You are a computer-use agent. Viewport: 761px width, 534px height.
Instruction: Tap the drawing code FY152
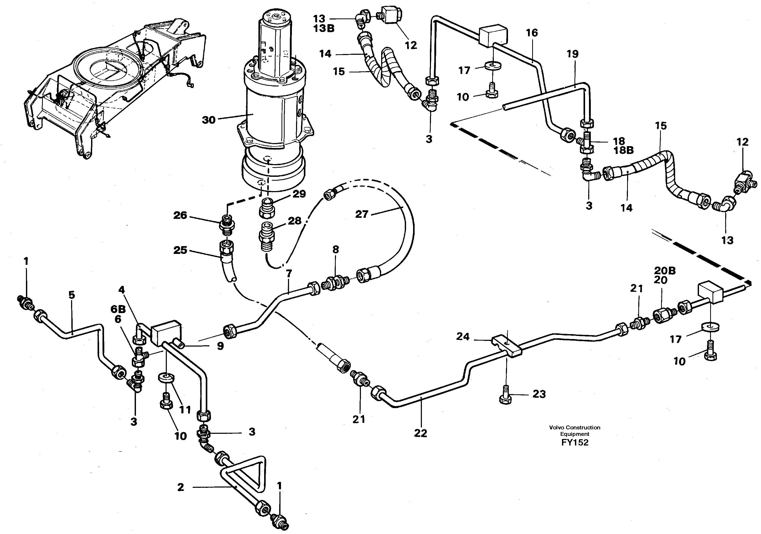pyautogui.click(x=575, y=442)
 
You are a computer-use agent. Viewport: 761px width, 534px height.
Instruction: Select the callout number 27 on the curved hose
pyautogui.click(x=362, y=214)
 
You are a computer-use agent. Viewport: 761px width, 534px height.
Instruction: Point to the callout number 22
pyautogui.click(x=421, y=433)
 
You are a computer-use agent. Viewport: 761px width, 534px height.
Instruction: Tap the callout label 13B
pyautogui.click(x=324, y=29)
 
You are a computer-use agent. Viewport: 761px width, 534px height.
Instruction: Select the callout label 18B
pyautogui.click(x=623, y=150)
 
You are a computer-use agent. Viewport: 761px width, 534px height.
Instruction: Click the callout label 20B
pyautogui.click(x=665, y=271)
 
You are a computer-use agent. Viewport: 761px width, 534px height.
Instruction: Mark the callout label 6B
pyautogui.click(x=118, y=309)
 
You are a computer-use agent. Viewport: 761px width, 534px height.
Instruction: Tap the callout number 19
pyautogui.click(x=572, y=54)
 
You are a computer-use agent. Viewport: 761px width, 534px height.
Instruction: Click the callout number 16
pyautogui.click(x=532, y=32)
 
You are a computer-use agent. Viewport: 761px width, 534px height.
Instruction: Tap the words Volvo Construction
pyautogui.click(x=574, y=428)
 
